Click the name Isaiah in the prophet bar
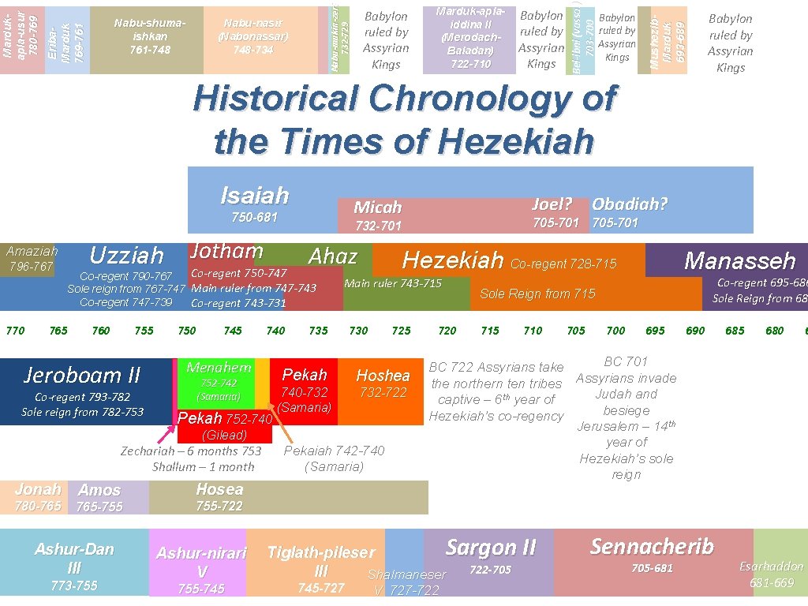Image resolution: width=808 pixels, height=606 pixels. pyautogui.click(x=254, y=195)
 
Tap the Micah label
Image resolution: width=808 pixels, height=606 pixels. pyautogui.click(x=378, y=208)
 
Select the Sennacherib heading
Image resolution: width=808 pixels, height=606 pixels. pyautogui.click(x=652, y=546)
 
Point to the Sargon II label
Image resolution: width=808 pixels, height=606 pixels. pyautogui.click(x=491, y=548)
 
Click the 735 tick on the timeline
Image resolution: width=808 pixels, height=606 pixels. pyautogui.click(x=318, y=331)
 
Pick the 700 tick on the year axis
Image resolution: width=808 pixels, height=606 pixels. pyautogui.click(x=615, y=331)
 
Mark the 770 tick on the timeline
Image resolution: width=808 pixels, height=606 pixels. pyautogui.click(x=15, y=331)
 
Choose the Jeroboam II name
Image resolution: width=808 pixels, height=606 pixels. pyautogui.click(x=82, y=374)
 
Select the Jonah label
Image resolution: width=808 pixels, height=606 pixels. pyautogui.click(x=37, y=489)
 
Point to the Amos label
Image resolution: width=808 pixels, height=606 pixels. pyautogui.click(x=99, y=491)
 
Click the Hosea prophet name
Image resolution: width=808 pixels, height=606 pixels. pyautogui.click(x=219, y=489)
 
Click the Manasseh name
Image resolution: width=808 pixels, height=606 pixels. pyautogui.click(x=739, y=260)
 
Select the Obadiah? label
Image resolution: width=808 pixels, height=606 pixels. pyautogui.click(x=630, y=204)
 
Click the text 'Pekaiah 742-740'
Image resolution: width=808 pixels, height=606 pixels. pyautogui.click(x=334, y=451)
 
